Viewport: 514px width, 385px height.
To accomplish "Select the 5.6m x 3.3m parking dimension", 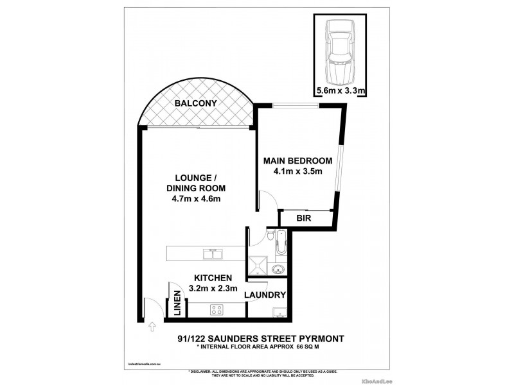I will (341, 91).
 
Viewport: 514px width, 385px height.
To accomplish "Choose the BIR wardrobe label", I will (304, 219).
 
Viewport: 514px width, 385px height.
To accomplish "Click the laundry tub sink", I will (279, 312).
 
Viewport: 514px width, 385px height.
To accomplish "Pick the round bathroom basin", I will (278, 269).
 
